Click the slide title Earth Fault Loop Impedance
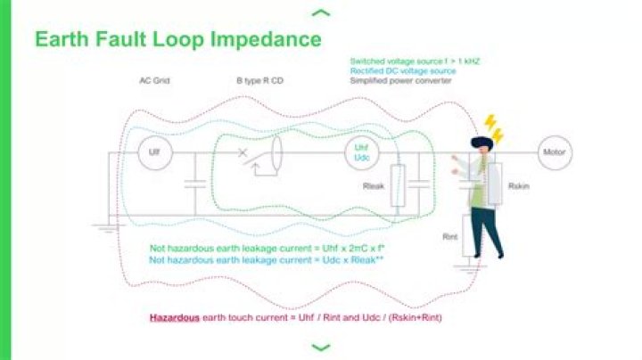(x=177, y=40)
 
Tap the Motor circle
(x=554, y=152)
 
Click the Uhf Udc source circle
(x=362, y=152)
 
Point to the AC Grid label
(x=154, y=80)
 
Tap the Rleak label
(x=374, y=187)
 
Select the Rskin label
(x=519, y=187)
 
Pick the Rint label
(x=450, y=237)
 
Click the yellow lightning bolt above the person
(x=492, y=127)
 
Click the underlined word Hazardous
(x=174, y=317)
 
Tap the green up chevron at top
(x=321, y=12)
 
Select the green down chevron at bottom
(x=321, y=348)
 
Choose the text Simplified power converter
(x=400, y=80)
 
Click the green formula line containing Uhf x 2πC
(x=259, y=249)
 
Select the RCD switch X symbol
(x=243, y=152)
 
